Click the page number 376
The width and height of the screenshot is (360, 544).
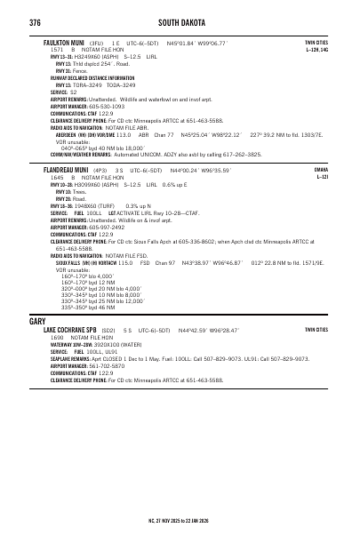(x=36, y=21)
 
